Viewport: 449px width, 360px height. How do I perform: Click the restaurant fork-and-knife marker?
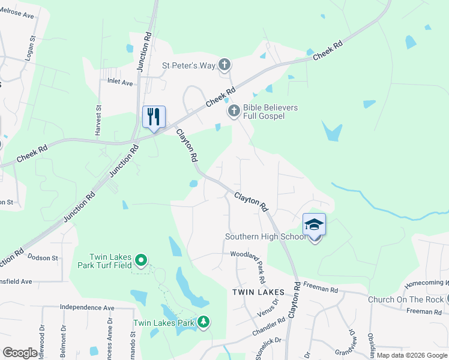click(x=154, y=117)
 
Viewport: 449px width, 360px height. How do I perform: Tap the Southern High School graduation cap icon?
click(x=314, y=225)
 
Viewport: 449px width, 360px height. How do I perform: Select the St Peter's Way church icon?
click(x=224, y=65)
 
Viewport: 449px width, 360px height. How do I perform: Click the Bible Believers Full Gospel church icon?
click(x=234, y=111)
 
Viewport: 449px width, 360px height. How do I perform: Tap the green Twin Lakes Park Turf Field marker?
click(x=141, y=260)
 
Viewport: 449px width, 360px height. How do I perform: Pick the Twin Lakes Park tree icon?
click(x=204, y=323)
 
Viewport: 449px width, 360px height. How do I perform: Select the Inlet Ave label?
click(x=120, y=82)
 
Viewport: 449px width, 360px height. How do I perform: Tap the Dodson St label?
click(x=42, y=257)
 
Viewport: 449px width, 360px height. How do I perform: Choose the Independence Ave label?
click(x=87, y=308)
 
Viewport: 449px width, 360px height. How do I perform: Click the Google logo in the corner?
click(x=20, y=353)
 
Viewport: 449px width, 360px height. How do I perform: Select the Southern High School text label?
click(x=266, y=236)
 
